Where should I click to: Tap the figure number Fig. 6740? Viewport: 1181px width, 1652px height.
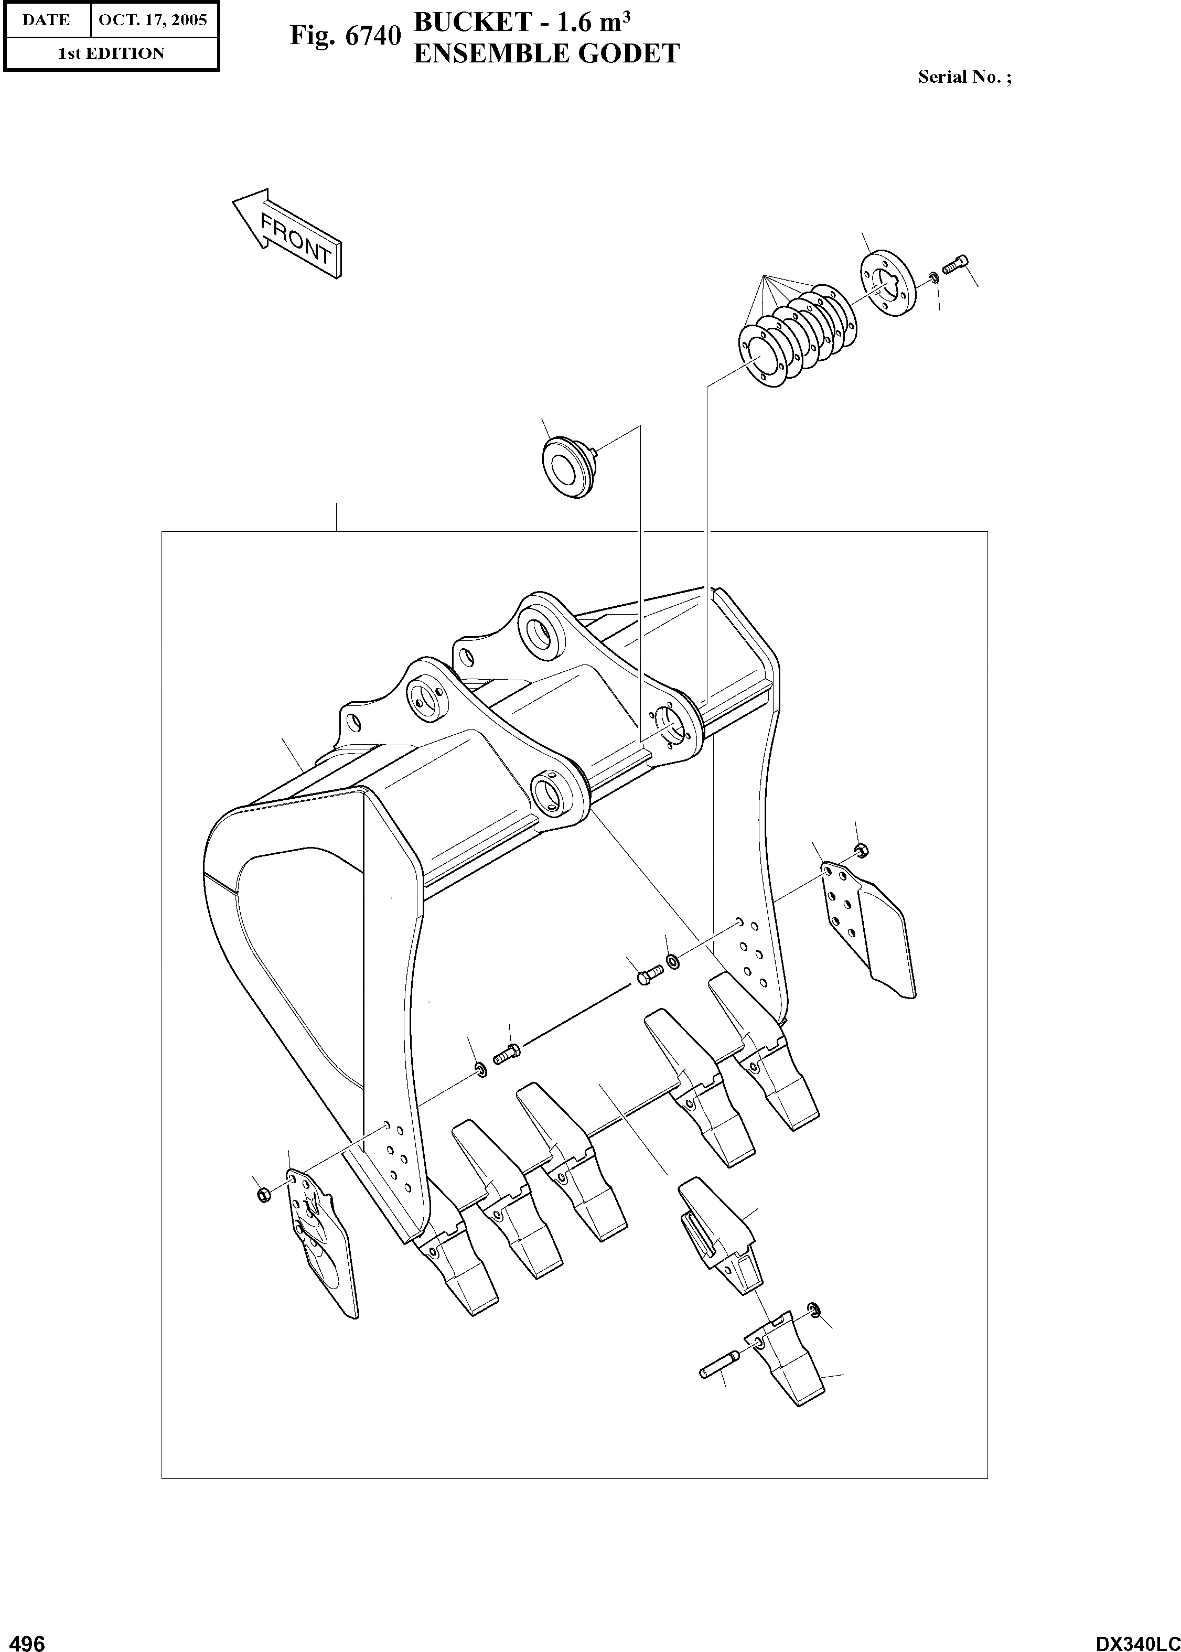(345, 36)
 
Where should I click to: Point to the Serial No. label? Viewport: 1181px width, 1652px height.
(963, 77)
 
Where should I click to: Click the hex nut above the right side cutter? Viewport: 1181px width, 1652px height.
(862, 849)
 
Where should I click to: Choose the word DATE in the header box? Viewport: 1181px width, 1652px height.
(46, 19)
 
